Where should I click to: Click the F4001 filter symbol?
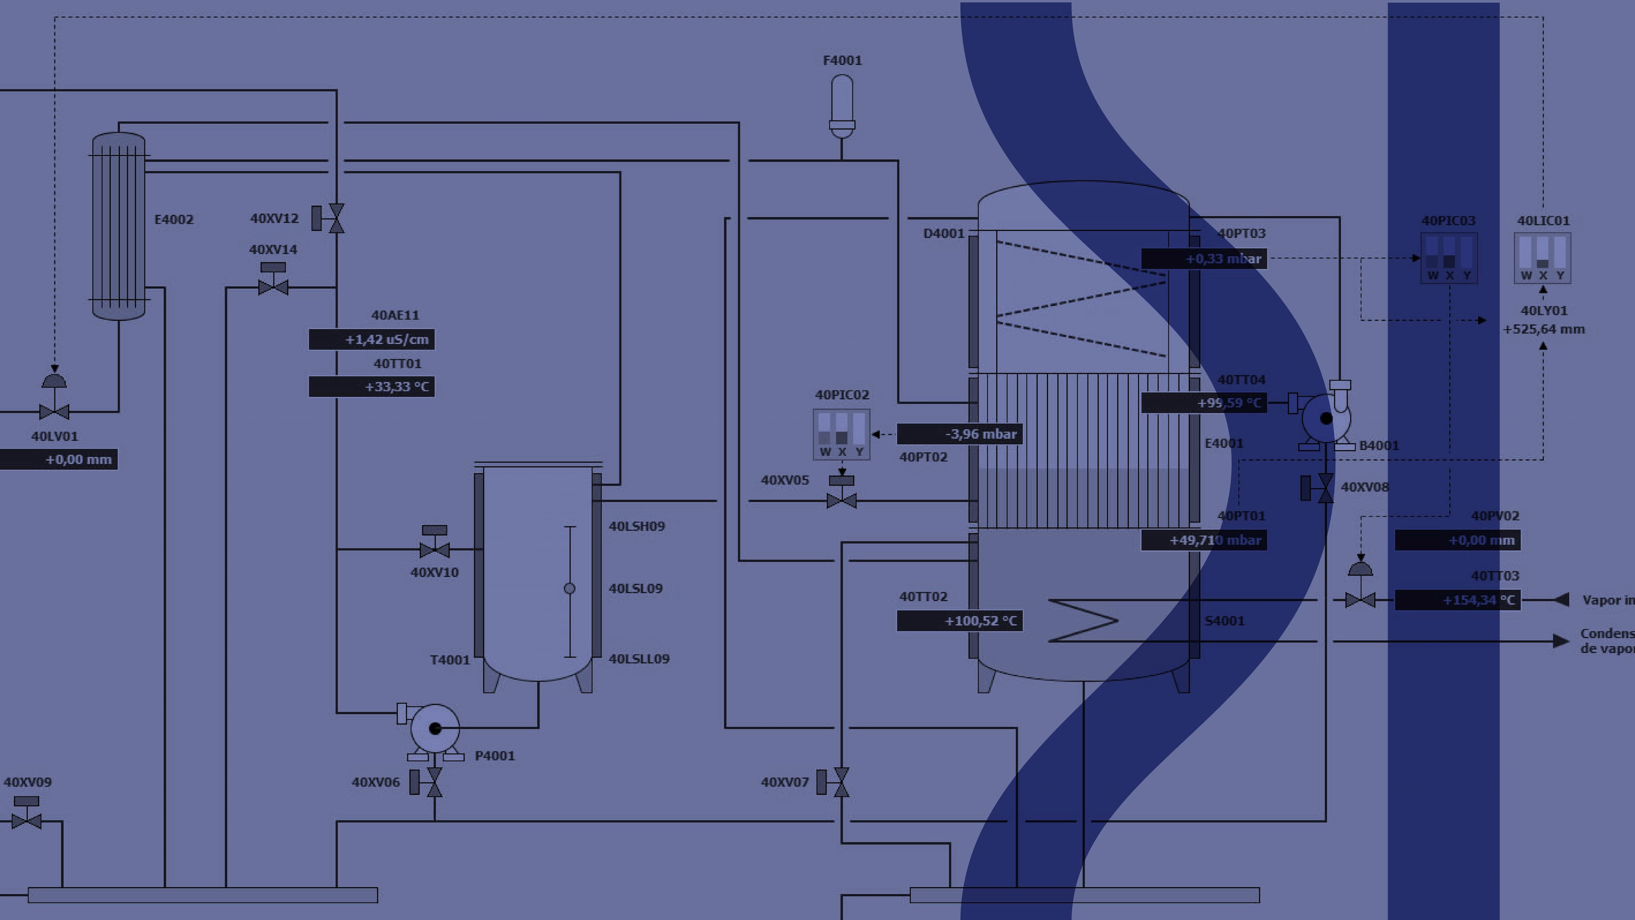[x=842, y=105]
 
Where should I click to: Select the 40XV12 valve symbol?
[x=335, y=218]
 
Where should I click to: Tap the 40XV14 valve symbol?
[x=273, y=286]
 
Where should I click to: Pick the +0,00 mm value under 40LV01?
[x=58, y=460]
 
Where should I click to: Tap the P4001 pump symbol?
[x=435, y=729]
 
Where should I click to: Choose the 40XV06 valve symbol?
[x=434, y=782]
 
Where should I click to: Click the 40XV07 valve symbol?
[x=840, y=782]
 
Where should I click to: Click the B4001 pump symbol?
[x=1326, y=418]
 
